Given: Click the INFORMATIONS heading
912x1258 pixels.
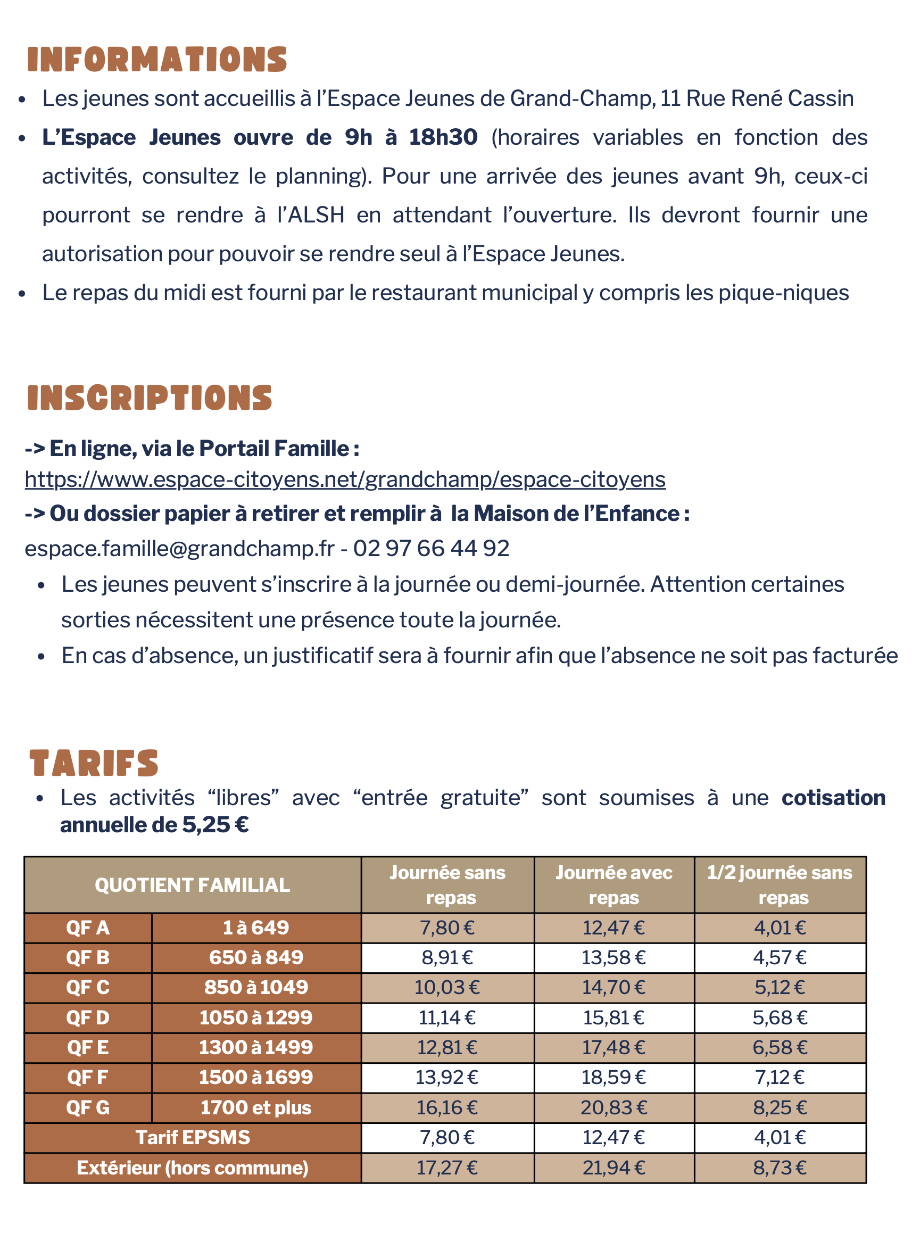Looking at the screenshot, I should coord(157,60).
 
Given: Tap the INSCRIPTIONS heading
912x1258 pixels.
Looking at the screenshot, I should coord(150,398).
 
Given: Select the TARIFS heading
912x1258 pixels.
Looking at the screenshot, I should coord(94,763).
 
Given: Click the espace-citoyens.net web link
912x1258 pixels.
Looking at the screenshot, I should coord(345,479).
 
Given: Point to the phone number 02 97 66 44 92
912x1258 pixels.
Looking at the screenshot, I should coord(431,548).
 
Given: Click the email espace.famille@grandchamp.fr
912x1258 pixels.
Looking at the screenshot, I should coord(180,548).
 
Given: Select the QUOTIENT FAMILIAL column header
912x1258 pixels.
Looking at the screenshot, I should coord(192,885).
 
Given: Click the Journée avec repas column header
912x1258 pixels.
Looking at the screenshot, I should coord(613,885).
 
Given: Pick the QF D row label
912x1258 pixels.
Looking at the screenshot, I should coord(88,1017).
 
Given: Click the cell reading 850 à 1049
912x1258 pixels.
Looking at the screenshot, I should coord(256,987).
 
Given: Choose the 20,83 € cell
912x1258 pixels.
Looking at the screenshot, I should coord(613,1108).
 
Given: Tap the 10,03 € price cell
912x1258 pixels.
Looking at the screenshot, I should coord(447,987).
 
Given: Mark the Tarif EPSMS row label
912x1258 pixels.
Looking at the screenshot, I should coord(193,1138).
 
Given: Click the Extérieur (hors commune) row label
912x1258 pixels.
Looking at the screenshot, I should coord(193,1168).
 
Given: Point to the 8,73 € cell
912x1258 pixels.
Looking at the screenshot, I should coord(780,1168).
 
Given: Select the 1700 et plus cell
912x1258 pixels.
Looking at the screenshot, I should coord(256,1108).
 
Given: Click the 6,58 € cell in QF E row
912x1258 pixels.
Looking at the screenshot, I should coord(780,1047).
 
